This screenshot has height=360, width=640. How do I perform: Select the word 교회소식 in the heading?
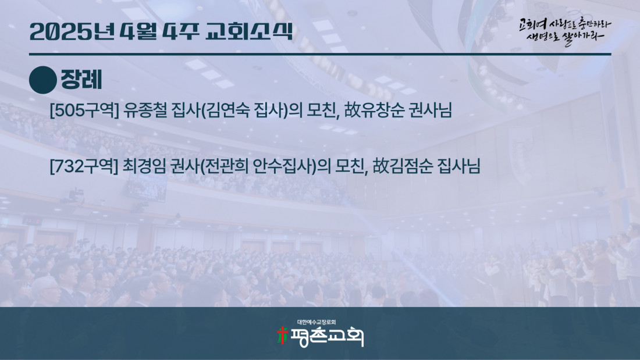point(249,31)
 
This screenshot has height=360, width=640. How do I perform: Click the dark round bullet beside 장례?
point(43,80)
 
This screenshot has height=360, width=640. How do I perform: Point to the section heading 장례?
point(81,80)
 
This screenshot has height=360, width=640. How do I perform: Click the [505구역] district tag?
point(84,110)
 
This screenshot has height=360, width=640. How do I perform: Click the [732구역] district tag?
point(84,166)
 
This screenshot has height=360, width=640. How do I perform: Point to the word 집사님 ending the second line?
point(459,166)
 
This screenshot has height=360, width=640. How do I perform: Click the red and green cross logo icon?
point(282,335)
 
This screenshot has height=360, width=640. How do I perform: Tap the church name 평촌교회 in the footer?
point(326,337)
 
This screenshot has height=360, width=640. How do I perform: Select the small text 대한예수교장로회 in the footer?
point(317,322)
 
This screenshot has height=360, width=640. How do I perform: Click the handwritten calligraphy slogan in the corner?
point(565,31)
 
